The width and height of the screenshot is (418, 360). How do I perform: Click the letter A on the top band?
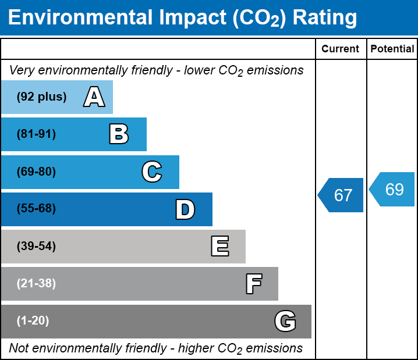94,97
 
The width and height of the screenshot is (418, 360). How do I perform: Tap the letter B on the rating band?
119,134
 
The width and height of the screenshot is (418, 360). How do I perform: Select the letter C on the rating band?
152,172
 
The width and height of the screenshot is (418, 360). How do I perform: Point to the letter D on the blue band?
185,209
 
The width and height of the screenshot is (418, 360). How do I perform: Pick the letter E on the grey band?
219,247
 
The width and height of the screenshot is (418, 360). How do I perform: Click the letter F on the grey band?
253,284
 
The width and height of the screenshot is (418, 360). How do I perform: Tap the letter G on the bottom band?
285,321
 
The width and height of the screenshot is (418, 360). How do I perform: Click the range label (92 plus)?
41,97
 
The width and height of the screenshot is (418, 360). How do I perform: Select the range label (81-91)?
36,134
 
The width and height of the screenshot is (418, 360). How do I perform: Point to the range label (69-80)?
36,172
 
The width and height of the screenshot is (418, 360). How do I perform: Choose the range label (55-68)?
36,209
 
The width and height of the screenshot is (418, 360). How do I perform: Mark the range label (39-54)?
36,247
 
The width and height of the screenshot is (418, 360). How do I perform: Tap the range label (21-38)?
36,284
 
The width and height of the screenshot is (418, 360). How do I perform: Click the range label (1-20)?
33,321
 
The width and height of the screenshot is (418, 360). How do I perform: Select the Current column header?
341,49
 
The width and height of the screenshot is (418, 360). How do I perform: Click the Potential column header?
392,49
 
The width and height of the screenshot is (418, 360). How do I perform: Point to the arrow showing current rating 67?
341,195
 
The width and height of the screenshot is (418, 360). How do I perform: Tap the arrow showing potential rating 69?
392,190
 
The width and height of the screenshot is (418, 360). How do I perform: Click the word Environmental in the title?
78,18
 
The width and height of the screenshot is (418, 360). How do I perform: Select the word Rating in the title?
325,18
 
